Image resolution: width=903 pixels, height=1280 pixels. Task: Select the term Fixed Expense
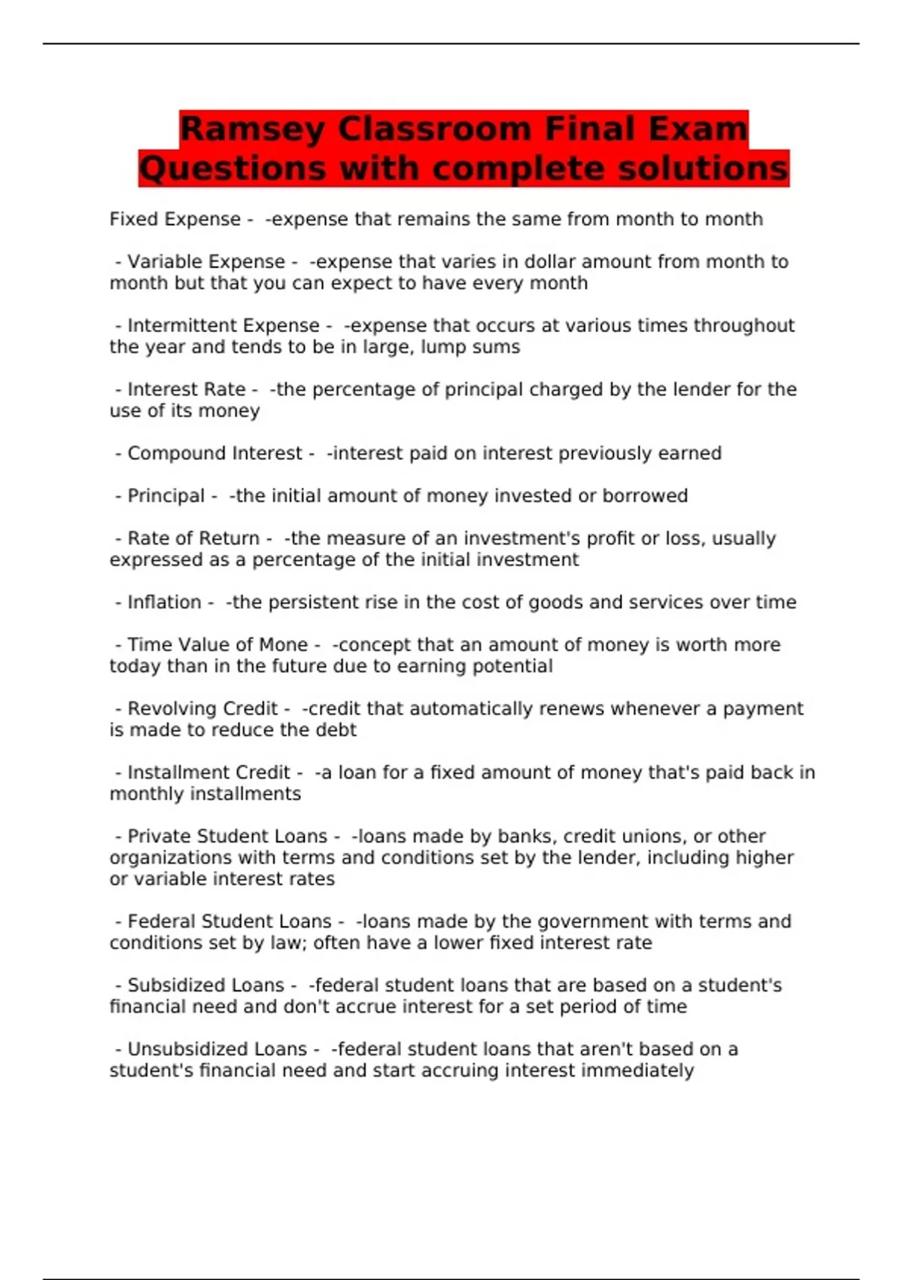coord(175,219)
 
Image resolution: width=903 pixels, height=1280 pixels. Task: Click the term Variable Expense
coord(205,261)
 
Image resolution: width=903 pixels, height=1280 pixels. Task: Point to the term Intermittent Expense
coord(223,325)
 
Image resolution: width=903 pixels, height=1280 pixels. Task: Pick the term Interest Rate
coord(186,389)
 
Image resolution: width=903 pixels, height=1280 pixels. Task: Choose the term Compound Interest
coord(214,453)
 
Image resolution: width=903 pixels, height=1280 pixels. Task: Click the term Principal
coord(166,495)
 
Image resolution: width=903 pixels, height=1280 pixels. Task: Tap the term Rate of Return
coord(193,538)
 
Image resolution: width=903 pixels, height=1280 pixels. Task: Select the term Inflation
coord(164,602)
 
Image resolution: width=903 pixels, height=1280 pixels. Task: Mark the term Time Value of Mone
coord(217,645)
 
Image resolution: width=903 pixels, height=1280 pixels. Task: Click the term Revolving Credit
coord(202,709)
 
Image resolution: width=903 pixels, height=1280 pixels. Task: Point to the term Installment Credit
coord(208,773)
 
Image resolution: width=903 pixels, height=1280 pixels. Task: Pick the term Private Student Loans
coord(227,837)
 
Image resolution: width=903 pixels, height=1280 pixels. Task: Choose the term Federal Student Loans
coord(229,922)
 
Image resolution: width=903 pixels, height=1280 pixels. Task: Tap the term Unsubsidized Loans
coord(217,1049)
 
